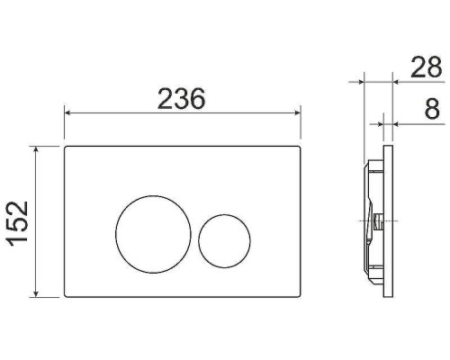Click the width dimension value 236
click(x=181, y=99)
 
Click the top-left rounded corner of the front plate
click(x=67, y=148)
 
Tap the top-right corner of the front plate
click(x=298, y=148)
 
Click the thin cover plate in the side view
click(x=388, y=220)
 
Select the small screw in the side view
click(x=378, y=220)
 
